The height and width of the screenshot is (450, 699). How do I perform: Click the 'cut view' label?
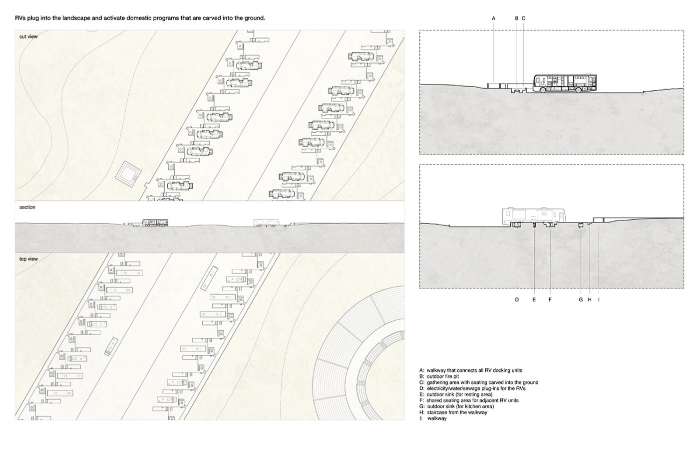click(x=28, y=36)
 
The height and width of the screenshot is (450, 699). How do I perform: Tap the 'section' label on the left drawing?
click(x=27, y=207)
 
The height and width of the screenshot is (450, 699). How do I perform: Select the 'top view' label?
click(x=28, y=259)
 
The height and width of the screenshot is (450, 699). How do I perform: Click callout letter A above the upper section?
click(x=493, y=18)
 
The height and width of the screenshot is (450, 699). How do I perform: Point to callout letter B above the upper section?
click(x=517, y=18)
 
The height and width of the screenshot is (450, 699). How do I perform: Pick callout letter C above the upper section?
click(x=523, y=18)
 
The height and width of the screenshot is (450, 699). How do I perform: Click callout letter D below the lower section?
click(x=517, y=299)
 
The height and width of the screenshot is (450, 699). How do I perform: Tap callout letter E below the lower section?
click(x=534, y=299)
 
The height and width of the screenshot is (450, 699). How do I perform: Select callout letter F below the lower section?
click(x=550, y=299)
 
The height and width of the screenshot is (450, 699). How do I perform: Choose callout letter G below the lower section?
click(x=581, y=299)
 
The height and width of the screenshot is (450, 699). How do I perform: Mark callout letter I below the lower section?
click(x=599, y=299)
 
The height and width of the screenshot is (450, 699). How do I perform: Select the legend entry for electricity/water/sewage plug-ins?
click(x=472, y=388)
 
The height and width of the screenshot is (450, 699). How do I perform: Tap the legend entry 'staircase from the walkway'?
click(x=453, y=412)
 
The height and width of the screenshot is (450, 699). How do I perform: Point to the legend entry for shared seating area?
click(x=469, y=400)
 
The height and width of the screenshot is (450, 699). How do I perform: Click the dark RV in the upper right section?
click(x=565, y=83)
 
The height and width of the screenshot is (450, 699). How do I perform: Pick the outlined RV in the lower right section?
click(x=534, y=216)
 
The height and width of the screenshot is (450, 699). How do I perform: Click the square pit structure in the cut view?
click(x=128, y=174)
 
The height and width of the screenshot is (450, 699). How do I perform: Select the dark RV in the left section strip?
click(x=155, y=223)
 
